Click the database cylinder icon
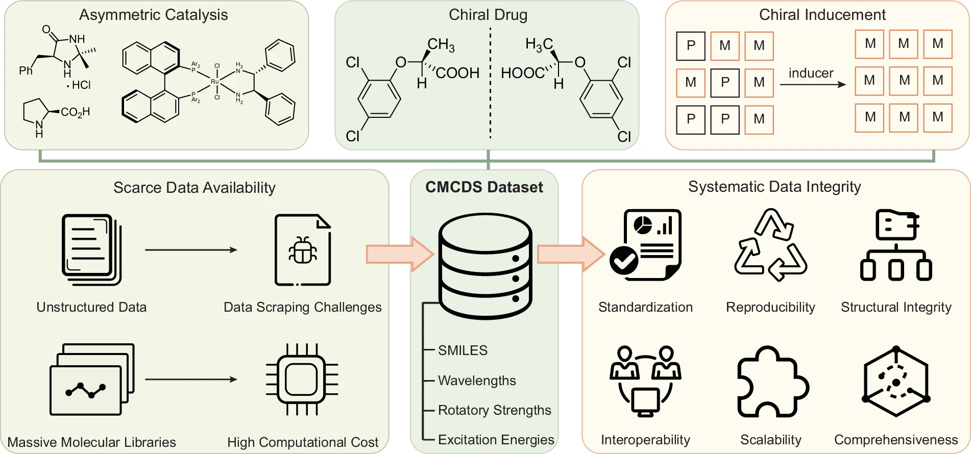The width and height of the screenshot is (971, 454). [485, 266]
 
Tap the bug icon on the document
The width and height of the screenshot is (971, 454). [303, 250]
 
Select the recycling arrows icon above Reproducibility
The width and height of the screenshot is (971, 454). [770, 245]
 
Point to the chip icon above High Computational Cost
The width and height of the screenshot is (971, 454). [302, 380]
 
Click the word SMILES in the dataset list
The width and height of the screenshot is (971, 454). [463, 350]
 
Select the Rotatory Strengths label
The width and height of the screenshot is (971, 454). [494, 410]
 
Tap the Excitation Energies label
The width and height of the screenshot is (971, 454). [496, 440]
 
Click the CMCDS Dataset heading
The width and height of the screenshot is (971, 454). [484, 187]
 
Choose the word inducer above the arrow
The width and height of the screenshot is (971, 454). [811, 73]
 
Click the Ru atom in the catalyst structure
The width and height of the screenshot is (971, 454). [215, 82]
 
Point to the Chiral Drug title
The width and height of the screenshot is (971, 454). [488, 15]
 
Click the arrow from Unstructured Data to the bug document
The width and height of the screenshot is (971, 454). [191, 250]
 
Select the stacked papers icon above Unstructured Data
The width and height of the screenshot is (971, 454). [91, 249]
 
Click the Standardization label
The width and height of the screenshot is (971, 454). [645, 307]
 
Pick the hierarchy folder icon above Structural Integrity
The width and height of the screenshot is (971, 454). [896, 245]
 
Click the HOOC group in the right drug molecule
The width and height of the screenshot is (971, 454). [522, 73]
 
